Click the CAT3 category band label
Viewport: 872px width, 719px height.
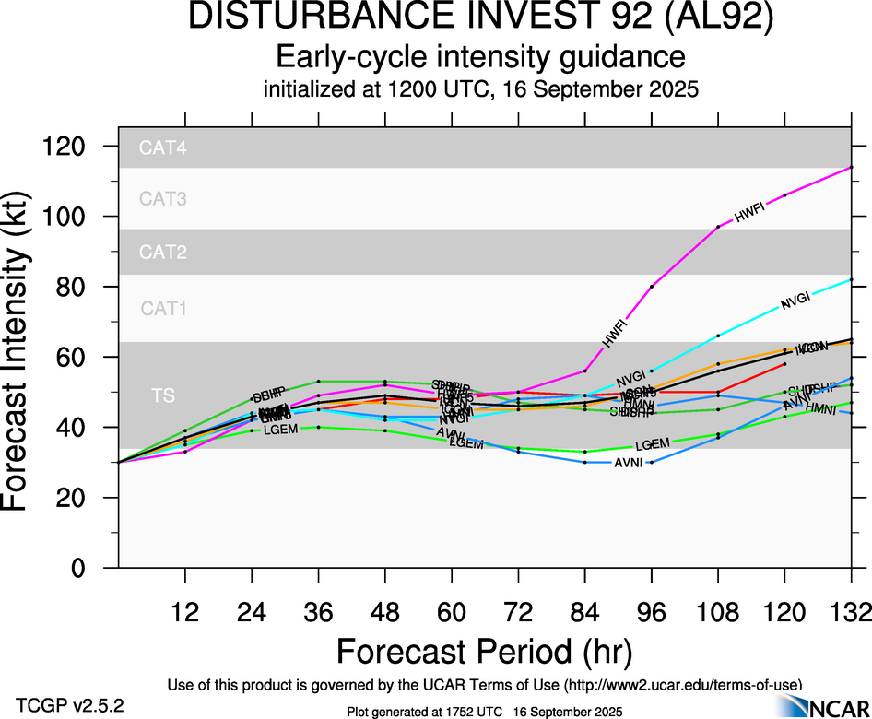point(163,198)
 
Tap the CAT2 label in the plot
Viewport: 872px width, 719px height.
point(163,252)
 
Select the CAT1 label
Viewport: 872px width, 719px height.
point(163,309)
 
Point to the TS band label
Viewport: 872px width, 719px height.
point(163,395)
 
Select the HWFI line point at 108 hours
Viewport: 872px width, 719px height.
point(718,226)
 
